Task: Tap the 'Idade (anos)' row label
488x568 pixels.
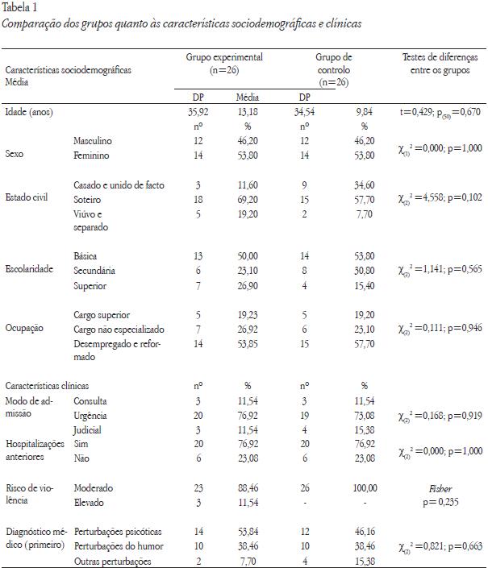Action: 31,113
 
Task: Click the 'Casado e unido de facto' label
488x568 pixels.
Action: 119,185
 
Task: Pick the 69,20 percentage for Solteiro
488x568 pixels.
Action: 247,199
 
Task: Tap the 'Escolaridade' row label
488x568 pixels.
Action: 31,270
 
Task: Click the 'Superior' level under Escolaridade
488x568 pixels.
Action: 90,285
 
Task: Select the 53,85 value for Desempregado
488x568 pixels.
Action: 248,343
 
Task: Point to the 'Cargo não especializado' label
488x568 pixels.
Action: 119,329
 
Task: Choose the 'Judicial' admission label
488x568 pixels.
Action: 89,430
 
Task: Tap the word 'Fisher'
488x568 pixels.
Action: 440,488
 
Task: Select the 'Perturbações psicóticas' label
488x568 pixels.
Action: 118,532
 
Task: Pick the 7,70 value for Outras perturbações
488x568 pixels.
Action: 247,560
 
